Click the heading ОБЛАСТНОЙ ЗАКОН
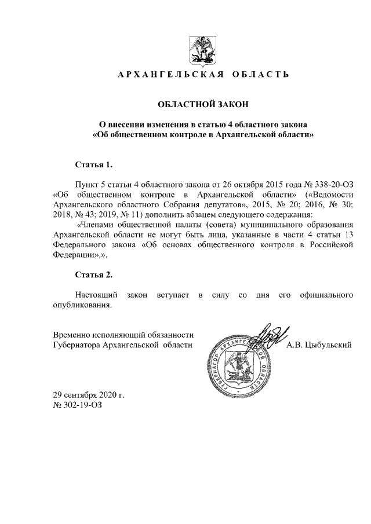pyautogui.click(x=203, y=104)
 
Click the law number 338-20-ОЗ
pyautogui.click(x=333, y=181)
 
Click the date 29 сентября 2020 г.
pyautogui.click(x=88, y=395)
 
